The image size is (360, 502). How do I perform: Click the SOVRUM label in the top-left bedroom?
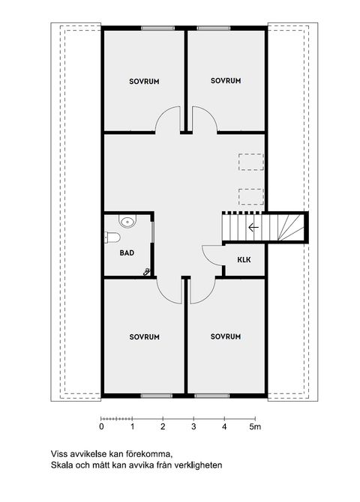(144, 81)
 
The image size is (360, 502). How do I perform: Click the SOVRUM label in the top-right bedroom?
(226, 80)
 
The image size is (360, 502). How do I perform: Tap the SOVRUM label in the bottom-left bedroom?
(144, 336)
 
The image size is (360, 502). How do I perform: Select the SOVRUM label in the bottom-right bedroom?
(226, 336)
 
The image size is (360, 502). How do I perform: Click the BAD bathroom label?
(127, 252)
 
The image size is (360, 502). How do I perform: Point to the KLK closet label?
(244, 260)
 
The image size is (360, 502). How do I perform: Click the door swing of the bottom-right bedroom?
(203, 291)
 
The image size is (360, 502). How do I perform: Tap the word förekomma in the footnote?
(150, 454)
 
